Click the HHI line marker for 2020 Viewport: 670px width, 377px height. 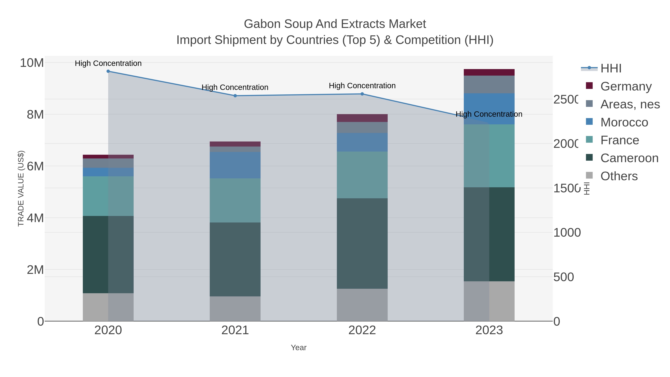108,71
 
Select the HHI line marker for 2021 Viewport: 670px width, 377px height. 235,96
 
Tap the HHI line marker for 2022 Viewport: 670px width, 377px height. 362,94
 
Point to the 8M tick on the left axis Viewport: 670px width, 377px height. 35,114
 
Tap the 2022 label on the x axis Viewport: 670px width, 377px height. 362,330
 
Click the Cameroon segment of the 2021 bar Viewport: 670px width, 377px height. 235,259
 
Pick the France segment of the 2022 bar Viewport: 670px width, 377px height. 362,175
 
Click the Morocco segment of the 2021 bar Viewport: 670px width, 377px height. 235,165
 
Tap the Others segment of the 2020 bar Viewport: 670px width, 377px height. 108,307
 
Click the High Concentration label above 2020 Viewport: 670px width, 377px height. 108,63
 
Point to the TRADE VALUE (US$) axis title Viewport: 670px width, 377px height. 21,188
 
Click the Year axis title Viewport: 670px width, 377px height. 299,348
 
